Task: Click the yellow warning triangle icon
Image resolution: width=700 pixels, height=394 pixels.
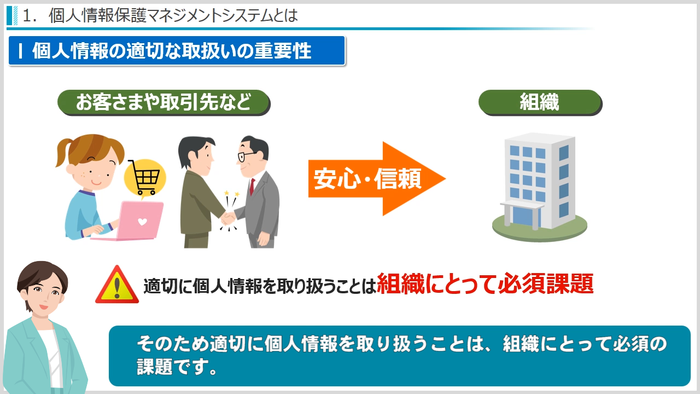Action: (x=117, y=285)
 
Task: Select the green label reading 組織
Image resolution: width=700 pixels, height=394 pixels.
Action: (x=540, y=102)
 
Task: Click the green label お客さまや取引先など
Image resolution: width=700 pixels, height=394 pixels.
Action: (x=164, y=102)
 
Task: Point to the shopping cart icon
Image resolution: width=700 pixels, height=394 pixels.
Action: (x=144, y=177)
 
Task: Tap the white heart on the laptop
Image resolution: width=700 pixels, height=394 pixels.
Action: (x=143, y=222)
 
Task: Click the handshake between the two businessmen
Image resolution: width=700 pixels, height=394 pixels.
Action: (x=227, y=218)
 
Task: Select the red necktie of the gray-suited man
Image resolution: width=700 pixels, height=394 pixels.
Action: (x=252, y=187)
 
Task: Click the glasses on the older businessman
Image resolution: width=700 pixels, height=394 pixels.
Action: (x=246, y=156)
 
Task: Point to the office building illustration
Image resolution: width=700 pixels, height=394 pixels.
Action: (x=540, y=187)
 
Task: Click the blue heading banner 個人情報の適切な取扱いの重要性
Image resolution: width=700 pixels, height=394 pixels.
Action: (x=177, y=51)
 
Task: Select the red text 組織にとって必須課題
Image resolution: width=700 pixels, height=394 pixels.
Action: (x=485, y=283)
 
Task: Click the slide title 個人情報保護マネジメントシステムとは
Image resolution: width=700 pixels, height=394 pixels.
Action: (x=173, y=16)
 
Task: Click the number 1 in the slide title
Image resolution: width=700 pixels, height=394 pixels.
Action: (x=27, y=16)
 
